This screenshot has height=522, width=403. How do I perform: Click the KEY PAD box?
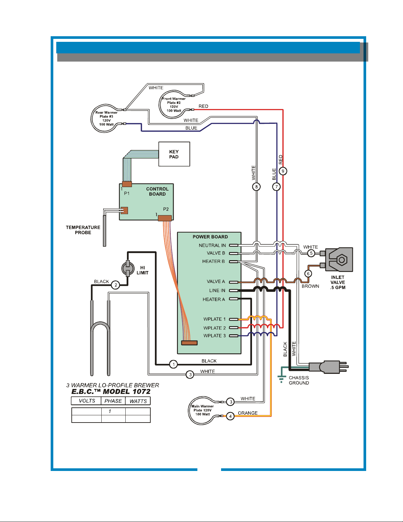coord(174,154)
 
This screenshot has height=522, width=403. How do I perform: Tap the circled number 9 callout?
coord(283,171)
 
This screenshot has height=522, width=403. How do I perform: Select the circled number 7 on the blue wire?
coord(277,187)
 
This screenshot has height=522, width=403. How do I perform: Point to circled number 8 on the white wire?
coord(256,187)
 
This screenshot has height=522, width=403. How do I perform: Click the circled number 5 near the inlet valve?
coord(311,253)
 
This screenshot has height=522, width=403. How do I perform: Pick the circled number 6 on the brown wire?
coord(308,274)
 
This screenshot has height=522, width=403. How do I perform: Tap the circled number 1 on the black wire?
coord(173,365)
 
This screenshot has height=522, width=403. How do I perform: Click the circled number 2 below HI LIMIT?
coord(115,285)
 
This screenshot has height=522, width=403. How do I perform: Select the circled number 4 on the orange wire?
coord(230,416)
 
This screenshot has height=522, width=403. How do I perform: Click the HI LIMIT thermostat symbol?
coord(128,268)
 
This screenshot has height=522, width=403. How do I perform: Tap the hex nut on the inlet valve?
coord(342,260)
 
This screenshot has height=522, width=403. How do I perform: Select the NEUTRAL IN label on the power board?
coord(212,245)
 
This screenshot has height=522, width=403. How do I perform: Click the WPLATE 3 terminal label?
coord(214,336)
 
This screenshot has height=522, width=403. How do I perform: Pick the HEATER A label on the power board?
coord(214,299)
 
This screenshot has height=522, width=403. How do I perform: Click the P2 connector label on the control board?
coord(166,209)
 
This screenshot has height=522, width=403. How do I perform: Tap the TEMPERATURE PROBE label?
coord(83,230)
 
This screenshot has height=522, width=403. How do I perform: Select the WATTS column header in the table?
coord(138,401)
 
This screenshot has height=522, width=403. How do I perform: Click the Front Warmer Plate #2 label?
coord(174,101)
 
